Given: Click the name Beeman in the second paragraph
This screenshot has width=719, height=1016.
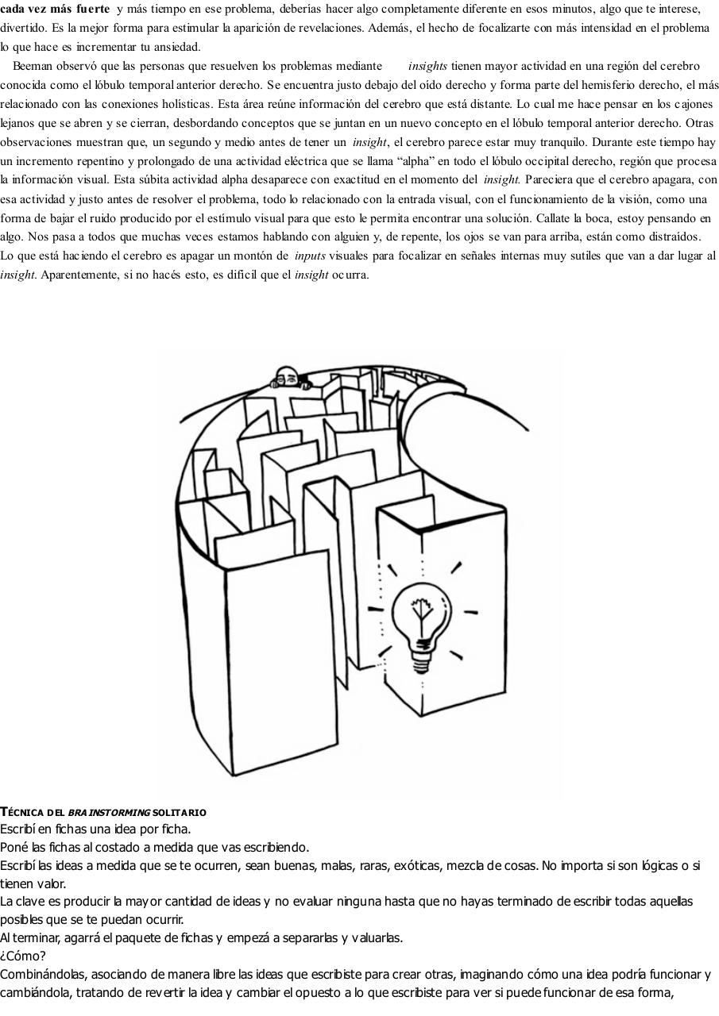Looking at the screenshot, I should click(x=32, y=66).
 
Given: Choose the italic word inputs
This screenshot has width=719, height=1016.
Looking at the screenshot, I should click(x=310, y=256).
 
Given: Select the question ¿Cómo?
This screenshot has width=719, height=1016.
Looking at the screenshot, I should click(x=23, y=956).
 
